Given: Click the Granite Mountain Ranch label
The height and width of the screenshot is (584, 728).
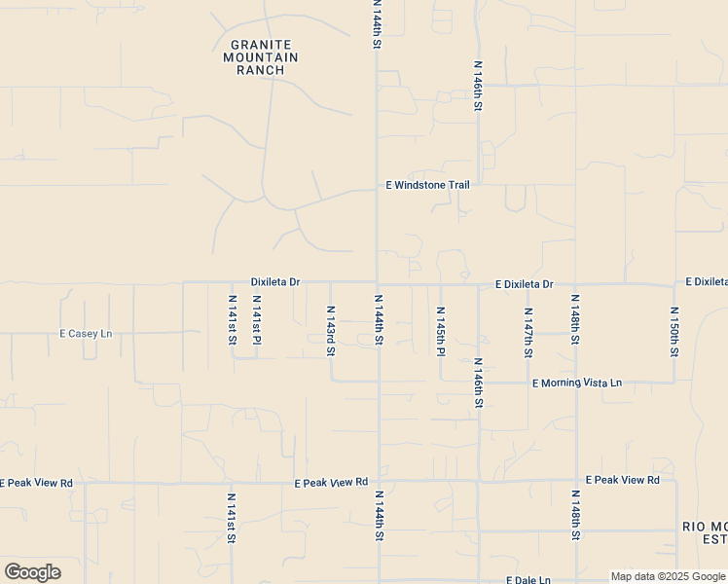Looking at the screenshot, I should (260, 57).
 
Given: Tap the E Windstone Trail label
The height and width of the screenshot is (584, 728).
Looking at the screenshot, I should (428, 185).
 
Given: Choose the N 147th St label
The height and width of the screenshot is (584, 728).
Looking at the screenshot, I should (528, 333).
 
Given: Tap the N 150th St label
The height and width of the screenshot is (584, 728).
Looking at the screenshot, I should (673, 331).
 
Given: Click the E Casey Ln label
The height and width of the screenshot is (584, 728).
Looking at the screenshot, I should (86, 333).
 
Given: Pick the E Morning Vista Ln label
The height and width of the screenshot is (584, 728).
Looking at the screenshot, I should (577, 383).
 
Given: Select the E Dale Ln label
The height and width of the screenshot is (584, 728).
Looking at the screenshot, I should (528, 580).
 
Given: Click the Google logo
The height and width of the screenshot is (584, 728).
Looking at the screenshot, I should (32, 572).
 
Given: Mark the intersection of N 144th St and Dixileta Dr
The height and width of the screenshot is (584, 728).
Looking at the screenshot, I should (378, 283).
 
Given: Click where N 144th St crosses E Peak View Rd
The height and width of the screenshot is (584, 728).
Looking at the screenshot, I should (378, 481).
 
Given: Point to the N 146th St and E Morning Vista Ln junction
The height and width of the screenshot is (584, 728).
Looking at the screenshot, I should (479, 382).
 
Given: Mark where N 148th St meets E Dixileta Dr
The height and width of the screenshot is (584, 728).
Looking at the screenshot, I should (576, 284).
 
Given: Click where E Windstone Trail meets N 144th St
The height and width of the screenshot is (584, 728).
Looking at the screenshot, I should (378, 190).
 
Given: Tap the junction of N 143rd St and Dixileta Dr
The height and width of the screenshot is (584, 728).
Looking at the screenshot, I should (331, 283).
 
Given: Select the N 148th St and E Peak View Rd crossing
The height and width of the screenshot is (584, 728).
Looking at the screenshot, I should (576, 481).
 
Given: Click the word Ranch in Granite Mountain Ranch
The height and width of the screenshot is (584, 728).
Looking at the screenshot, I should (260, 70).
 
